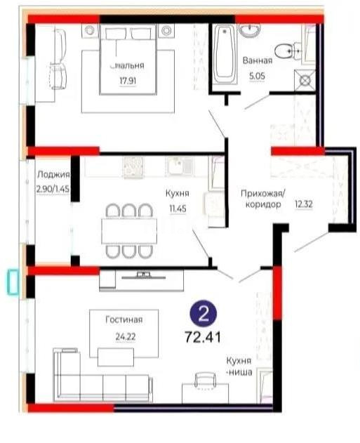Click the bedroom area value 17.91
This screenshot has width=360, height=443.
pyautogui.click(x=127, y=80)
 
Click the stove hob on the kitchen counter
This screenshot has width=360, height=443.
pyautogui.click(x=133, y=166)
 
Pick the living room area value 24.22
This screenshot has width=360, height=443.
pyautogui.click(x=126, y=335)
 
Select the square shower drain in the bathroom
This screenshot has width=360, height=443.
pyautogui.click(x=306, y=80)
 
